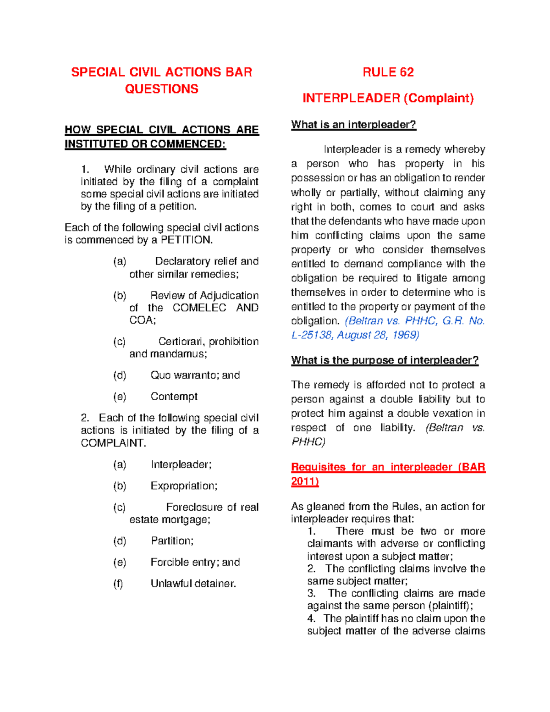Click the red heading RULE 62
click(388, 72)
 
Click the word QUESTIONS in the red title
click(161, 89)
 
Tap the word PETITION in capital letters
click(186, 240)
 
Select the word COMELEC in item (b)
click(199, 308)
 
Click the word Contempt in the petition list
click(174, 396)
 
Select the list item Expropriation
click(184, 486)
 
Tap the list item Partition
click(172, 541)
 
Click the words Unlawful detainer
click(193, 583)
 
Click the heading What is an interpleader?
click(353, 125)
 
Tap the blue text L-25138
click(311, 335)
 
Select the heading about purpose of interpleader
click(385, 360)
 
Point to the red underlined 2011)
click(305, 481)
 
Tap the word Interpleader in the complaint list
click(181, 464)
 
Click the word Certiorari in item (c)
click(181, 342)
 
